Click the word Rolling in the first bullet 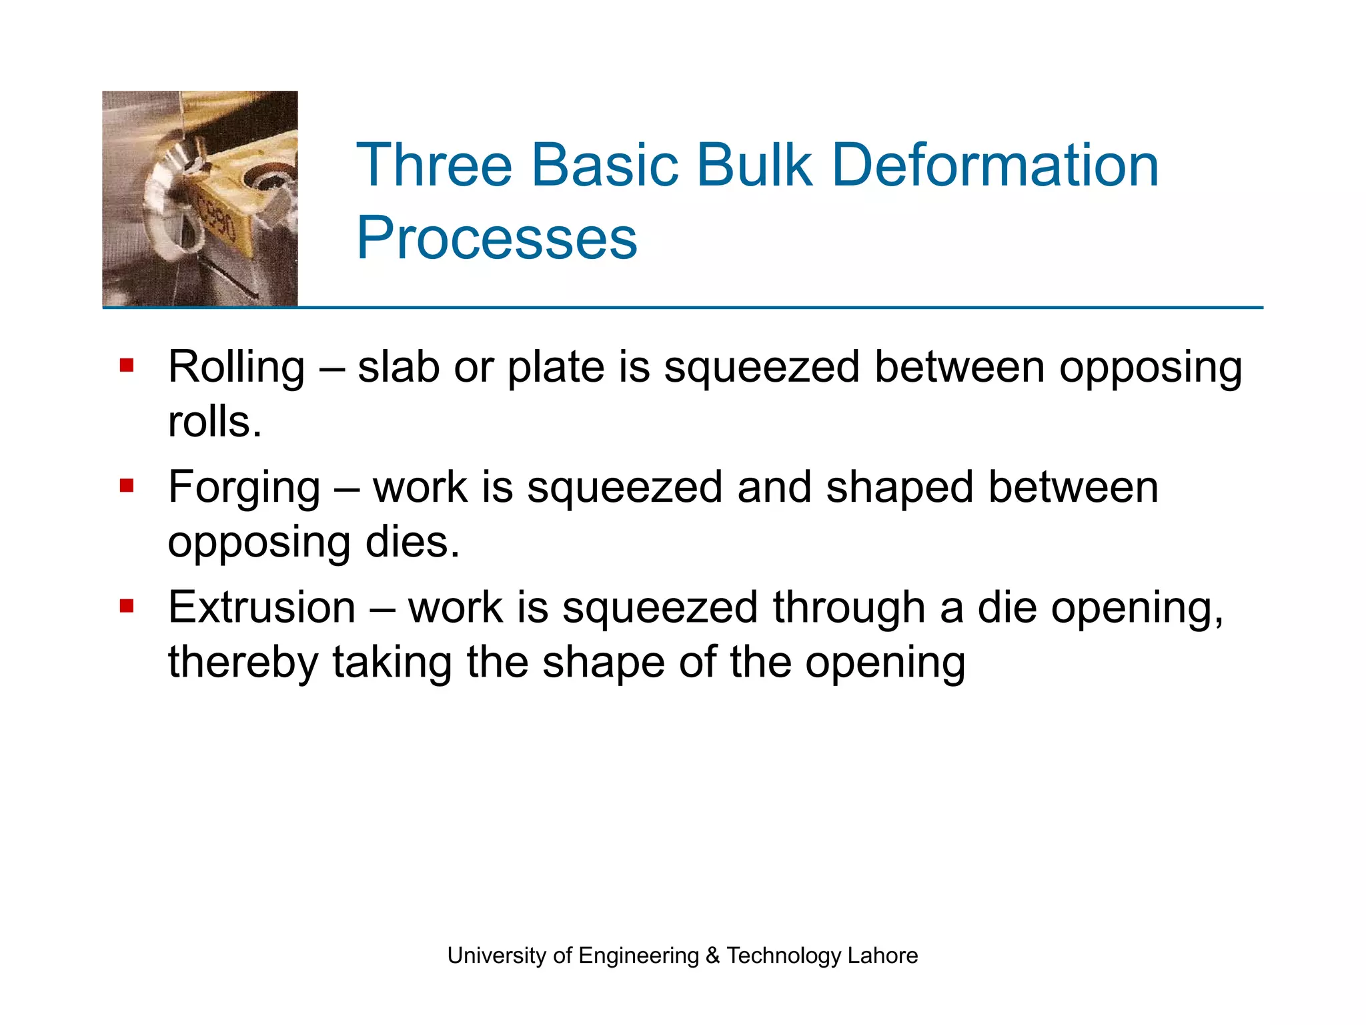[236, 368]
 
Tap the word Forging [244, 488]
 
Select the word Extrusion [261, 608]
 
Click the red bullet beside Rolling [127, 365]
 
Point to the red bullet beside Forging [127, 485]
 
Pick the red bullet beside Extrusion [127, 606]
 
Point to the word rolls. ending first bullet [215, 422]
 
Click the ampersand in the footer [712, 955]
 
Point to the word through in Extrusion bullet [848, 608]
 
